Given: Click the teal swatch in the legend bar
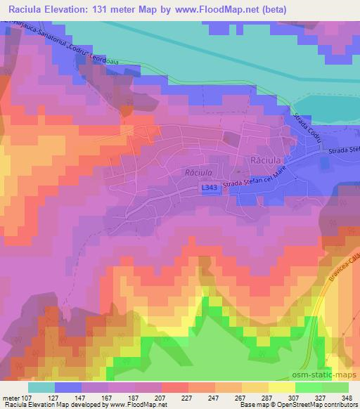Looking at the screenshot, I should coord(41,387).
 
